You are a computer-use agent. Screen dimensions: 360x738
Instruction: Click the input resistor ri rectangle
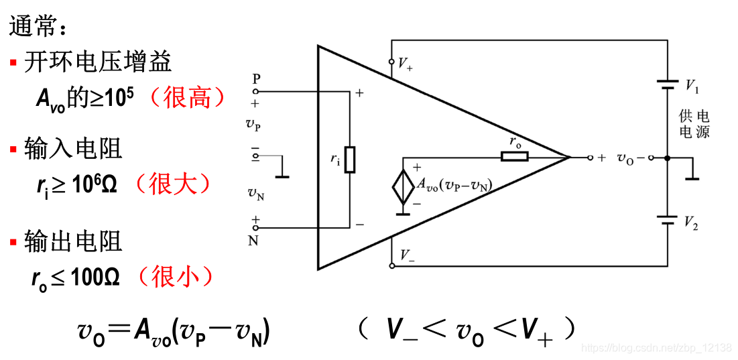tap(350, 159)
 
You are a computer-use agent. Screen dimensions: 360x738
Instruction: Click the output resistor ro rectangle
tap(514, 157)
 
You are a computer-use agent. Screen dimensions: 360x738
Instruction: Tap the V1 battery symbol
tap(668, 84)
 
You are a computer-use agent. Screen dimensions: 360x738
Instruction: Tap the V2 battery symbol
tap(668, 219)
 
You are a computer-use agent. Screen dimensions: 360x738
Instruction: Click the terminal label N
tap(253, 241)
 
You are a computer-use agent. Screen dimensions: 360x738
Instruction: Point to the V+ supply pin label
tap(405, 64)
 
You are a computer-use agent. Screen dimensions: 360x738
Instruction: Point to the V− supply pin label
tap(406, 255)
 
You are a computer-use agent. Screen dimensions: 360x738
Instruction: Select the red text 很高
tap(186, 99)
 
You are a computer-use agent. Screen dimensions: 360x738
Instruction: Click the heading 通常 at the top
tap(37, 27)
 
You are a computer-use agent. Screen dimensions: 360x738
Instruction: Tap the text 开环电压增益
tap(98, 62)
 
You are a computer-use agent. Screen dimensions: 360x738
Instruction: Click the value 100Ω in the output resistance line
tap(94, 277)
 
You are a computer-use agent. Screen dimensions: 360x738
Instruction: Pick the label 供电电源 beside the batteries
tap(694, 125)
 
